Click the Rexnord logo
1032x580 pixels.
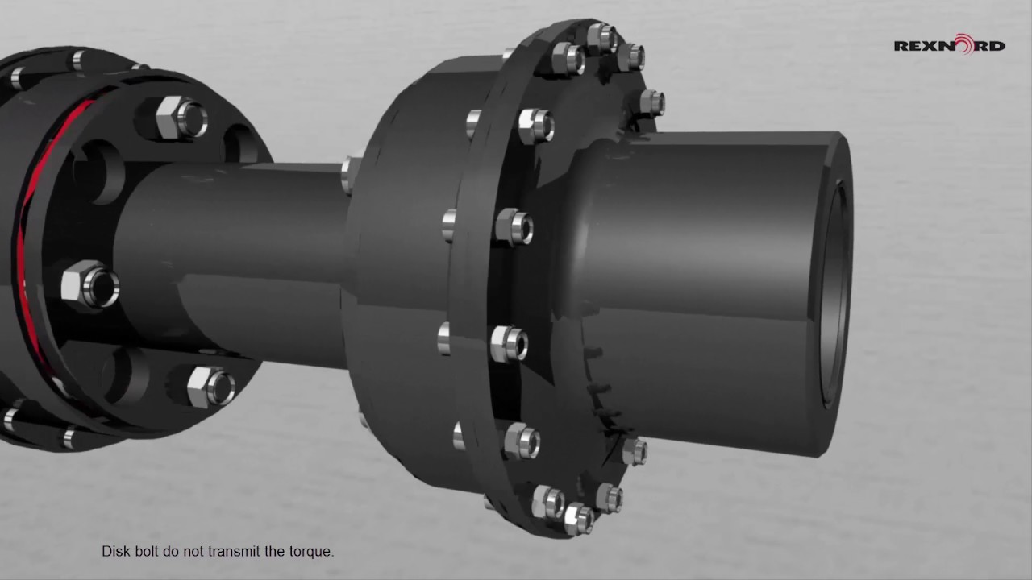tap(949, 44)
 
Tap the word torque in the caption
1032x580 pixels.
tap(311, 552)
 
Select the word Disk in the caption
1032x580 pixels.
tap(115, 552)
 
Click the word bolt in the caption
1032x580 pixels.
tap(149, 552)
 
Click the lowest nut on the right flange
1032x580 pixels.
tap(578, 518)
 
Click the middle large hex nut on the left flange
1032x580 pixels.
tap(90, 285)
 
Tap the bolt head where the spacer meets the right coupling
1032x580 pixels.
tap(351, 172)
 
